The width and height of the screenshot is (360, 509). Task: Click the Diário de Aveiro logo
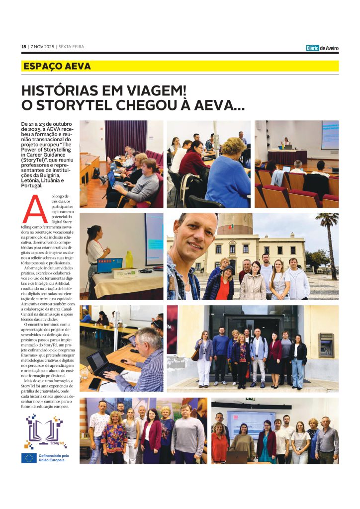pyautogui.click(x=322, y=48)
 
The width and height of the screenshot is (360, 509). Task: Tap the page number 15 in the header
pyautogui.click(x=23, y=47)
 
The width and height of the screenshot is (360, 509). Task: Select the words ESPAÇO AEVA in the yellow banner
pyautogui.click(x=57, y=66)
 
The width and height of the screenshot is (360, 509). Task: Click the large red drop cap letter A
pyautogui.click(x=35, y=209)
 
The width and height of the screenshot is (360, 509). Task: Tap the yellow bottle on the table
pyautogui.click(x=129, y=259)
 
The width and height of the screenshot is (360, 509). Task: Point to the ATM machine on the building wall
pyautogui.click(x=326, y=345)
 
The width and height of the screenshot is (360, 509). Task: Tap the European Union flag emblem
pyautogui.click(x=28, y=458)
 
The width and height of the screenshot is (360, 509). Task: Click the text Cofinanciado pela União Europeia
pyautogui.click(x=53, y=458)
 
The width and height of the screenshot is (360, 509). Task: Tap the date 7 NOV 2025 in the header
pyautogui.click(x=42, y=47)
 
